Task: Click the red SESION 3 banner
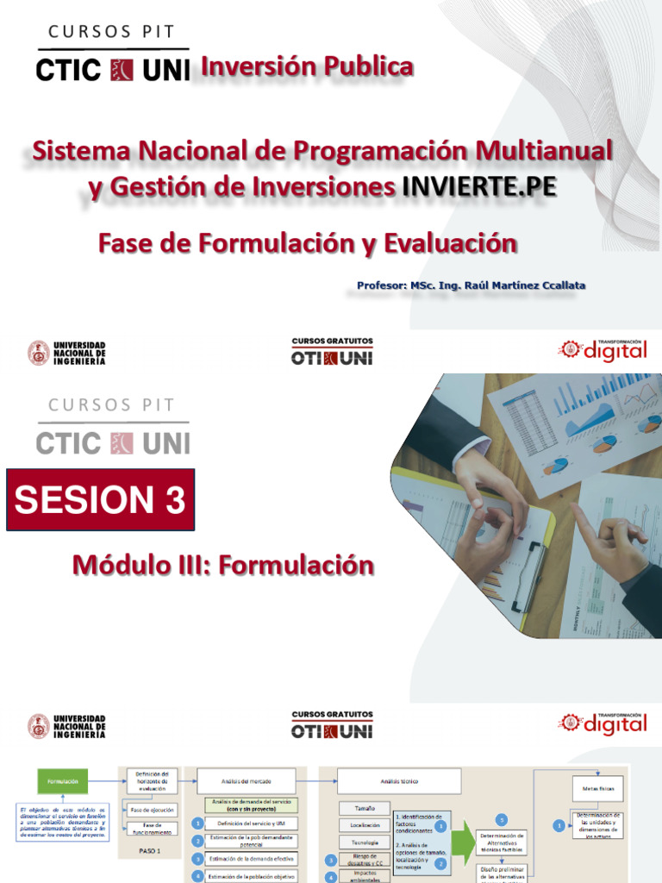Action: tap(101, 499)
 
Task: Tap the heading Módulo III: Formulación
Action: tap(223, 566)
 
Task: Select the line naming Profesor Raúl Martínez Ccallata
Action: tap(472, 285)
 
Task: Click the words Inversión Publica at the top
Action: tap(307, 66)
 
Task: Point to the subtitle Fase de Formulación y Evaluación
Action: tap(308, 243)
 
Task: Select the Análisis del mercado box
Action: tap(246, 781)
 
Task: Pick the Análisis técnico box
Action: tap(398, 781)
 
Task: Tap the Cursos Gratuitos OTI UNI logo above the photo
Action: tap(332, 352)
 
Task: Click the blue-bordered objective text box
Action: tap(64, 823)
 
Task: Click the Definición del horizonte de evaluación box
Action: tap(153, 780)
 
